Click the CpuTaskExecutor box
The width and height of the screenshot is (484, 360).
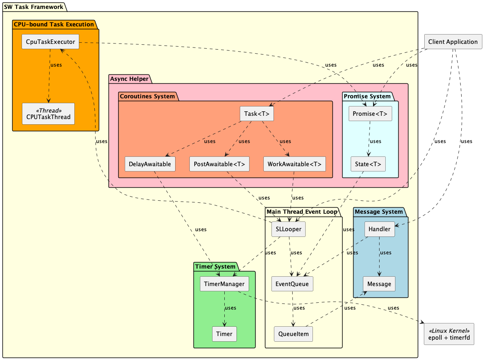(x=50, y=42)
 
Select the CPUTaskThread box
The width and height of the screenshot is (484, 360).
(x=48, y=114)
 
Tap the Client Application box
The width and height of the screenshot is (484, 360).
(x=453, y=42)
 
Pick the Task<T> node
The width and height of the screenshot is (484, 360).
(x=256, y=114)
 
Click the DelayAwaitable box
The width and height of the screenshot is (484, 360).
(x=150, y=164)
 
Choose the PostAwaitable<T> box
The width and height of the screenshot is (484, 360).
(x=219, y=164)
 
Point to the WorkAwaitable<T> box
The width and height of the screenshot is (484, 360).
(x=294, y=164)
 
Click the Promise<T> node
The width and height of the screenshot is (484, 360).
(x=370, y=114)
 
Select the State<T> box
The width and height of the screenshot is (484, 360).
(x=368, y=164)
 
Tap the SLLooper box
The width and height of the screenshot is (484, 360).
(x=288, y=229)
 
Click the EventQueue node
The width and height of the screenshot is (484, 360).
(x=292, y=284)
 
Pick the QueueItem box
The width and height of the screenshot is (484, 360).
(x=293, y=334)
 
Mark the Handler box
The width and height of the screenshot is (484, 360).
(x=379, y=229)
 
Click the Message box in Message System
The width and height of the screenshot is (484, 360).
(x=379, y=284)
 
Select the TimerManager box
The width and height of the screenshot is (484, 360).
(x=224, y=284)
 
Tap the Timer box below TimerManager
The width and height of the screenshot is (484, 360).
(x=224, y=334)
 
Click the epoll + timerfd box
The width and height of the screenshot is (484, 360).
(x=449, y=334)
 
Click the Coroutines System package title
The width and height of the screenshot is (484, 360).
(x=147, y=96)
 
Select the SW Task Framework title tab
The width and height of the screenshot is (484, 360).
(x=34, y=7)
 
